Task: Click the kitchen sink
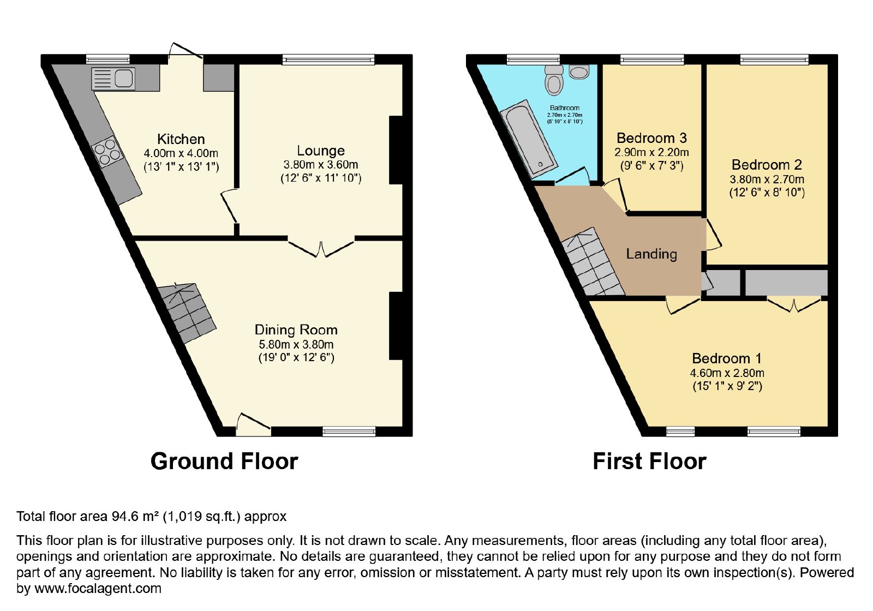pos(113,79)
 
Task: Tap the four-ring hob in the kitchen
pos(107,152)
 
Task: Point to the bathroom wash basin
pos(579,72)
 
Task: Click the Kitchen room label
pos(181,139)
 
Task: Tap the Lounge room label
pos(321,151)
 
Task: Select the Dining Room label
pos(296,330)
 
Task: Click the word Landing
pos(651,254)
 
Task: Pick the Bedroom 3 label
pos(651,138)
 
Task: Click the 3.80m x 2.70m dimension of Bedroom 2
pos(767,179)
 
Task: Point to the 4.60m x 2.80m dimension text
pos(727,373)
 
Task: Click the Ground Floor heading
pos(224,462)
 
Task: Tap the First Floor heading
pos(649,462)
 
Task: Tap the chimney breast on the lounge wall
pos(396,150)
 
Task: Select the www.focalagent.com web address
pos(98,588)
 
